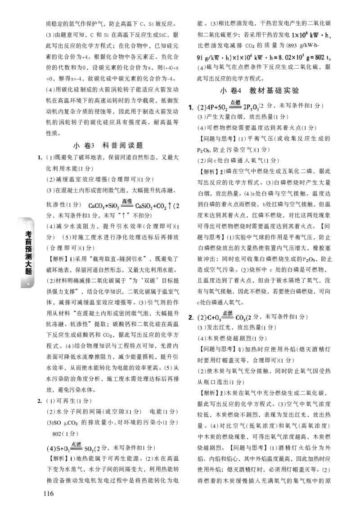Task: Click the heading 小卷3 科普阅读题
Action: coord(108,146)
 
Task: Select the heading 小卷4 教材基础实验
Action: coord(260,91)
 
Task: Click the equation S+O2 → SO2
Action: coord(73,448)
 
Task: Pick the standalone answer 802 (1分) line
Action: coord(65,433)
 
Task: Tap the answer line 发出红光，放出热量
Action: coord(237,328)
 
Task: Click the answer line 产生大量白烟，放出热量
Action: coord(243,117)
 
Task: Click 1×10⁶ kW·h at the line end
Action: coord(311,34)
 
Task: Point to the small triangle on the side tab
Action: coord(29,284)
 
